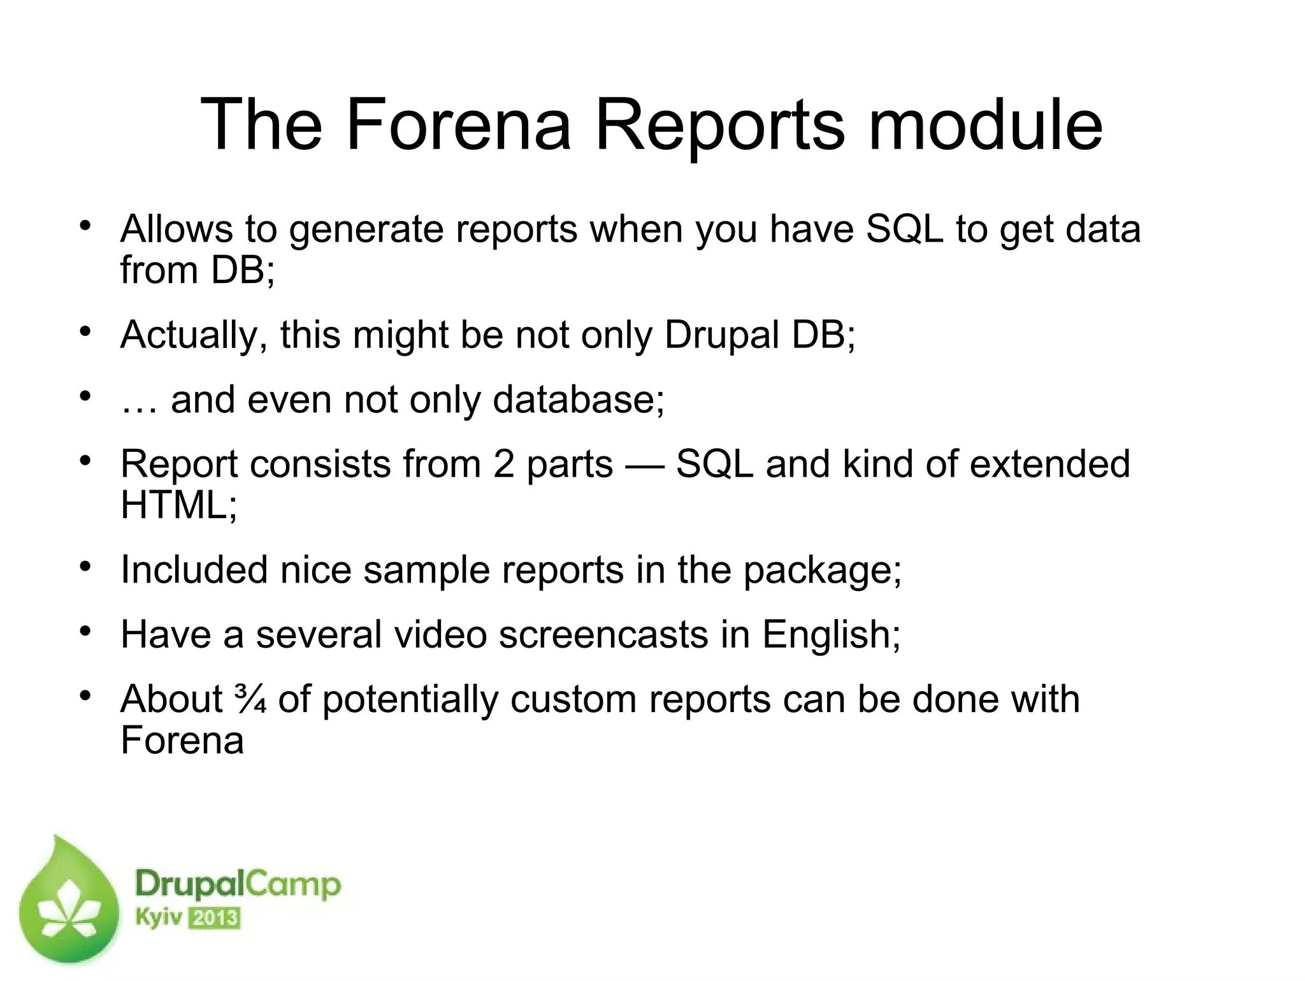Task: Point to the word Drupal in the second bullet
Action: [722, 335]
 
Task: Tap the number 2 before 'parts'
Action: [503, 464]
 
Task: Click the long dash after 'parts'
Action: [644, 465]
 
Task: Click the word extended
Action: [1049, 464]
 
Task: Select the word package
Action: [822, 570]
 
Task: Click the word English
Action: [832, 636]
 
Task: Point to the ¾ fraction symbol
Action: [250, 699]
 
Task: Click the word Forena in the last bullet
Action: [182, 741]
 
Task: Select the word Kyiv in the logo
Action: [159, 919]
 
